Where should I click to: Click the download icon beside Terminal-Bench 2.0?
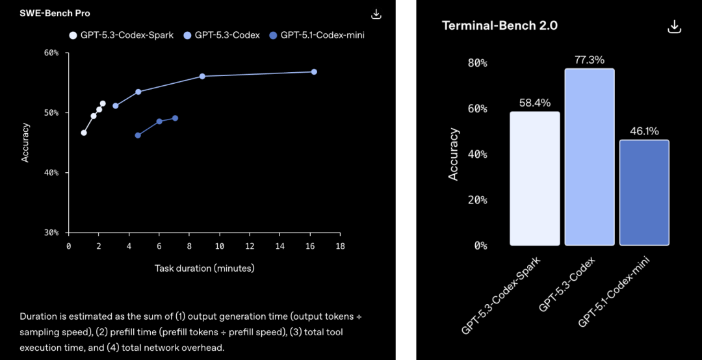674,26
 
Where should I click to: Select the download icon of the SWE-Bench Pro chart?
376,14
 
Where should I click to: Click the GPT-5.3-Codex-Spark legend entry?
122,35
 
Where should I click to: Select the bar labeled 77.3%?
589,157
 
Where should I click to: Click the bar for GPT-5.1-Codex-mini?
644,192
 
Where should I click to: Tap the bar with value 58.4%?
534,178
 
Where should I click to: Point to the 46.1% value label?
644,131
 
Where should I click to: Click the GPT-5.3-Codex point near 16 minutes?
314,71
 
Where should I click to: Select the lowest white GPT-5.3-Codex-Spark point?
83,133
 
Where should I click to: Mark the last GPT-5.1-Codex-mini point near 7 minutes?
175,118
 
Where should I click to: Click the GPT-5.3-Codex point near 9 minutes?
202,76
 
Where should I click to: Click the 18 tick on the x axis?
340,246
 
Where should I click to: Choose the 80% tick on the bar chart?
477,63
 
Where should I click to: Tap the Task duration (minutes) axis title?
204,268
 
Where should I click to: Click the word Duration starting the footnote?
38,316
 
